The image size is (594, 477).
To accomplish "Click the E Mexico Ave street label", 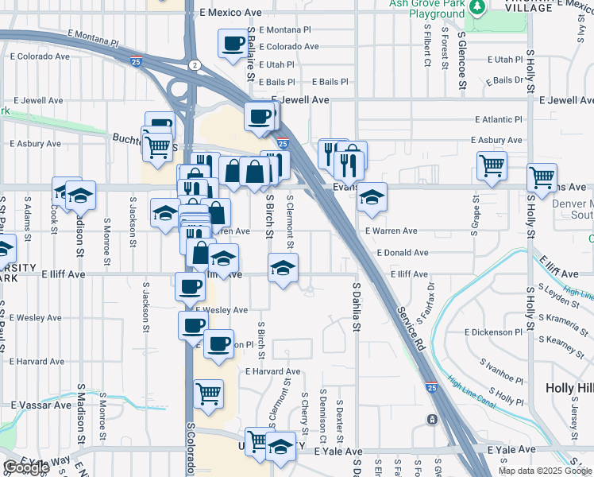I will click(x=230, y=13).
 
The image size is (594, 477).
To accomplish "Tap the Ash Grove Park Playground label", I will click(x=426, y=9).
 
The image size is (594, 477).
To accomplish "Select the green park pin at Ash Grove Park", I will click(x=477, y=9).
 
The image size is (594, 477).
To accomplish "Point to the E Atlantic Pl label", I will click(x=499, y=119).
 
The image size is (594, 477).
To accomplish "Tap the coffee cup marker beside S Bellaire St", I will click(x=233, y=45).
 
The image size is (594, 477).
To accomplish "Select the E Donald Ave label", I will click(x=404, y=252).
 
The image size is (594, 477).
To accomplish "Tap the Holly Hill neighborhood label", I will click(x=569, y=388).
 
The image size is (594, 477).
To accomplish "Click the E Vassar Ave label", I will click(x=40, y=405).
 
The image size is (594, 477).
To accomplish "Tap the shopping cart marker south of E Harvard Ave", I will click(x=208, y=393).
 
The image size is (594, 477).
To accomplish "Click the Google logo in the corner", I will click(x=25, y=467).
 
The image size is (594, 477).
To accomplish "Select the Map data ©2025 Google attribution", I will click(x=545, y=471).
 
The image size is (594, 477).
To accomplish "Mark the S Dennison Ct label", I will click(x=323, y=416).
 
